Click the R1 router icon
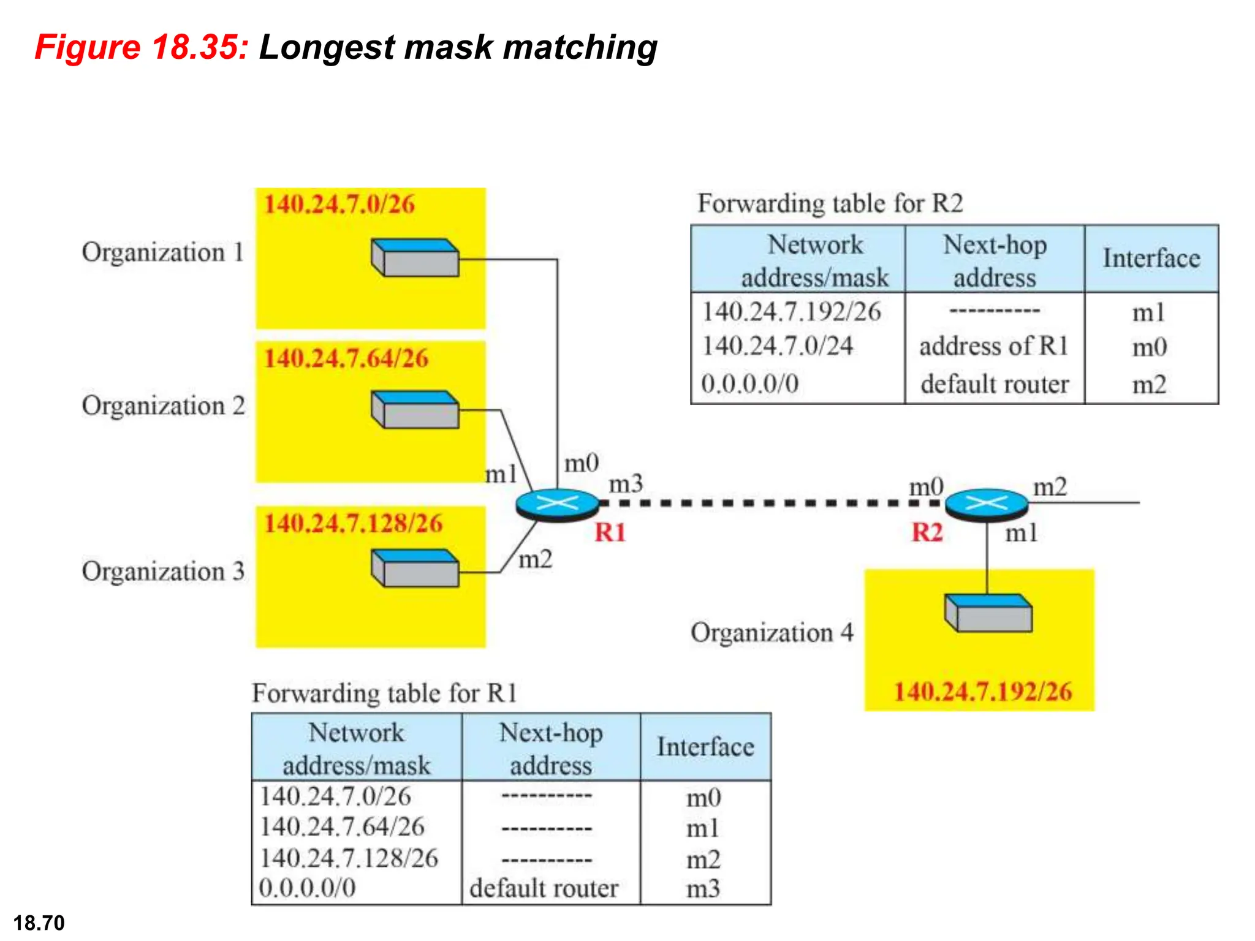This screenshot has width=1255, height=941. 557,504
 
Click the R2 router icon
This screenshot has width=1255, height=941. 986,504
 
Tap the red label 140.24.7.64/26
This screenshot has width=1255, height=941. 346,358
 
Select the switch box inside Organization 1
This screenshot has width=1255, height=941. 415,257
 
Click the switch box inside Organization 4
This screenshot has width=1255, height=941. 988,613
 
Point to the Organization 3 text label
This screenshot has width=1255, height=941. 163,571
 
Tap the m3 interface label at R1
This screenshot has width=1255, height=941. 626,484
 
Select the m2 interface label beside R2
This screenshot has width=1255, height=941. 1050,487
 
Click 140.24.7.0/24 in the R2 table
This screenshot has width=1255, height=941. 777,346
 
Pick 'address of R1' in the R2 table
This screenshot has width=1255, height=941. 993,346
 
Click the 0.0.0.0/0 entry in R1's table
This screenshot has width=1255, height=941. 307,888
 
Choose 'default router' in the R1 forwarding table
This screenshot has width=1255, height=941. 544,888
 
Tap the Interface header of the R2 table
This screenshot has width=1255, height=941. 1151,258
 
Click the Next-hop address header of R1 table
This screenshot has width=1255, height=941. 550,748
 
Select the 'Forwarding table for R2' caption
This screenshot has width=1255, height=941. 830,203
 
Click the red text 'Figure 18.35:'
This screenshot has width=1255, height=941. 142,47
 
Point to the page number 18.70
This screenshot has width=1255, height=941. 39,923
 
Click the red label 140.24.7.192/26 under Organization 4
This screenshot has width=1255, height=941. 982,692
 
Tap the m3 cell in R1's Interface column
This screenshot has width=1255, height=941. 703,888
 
